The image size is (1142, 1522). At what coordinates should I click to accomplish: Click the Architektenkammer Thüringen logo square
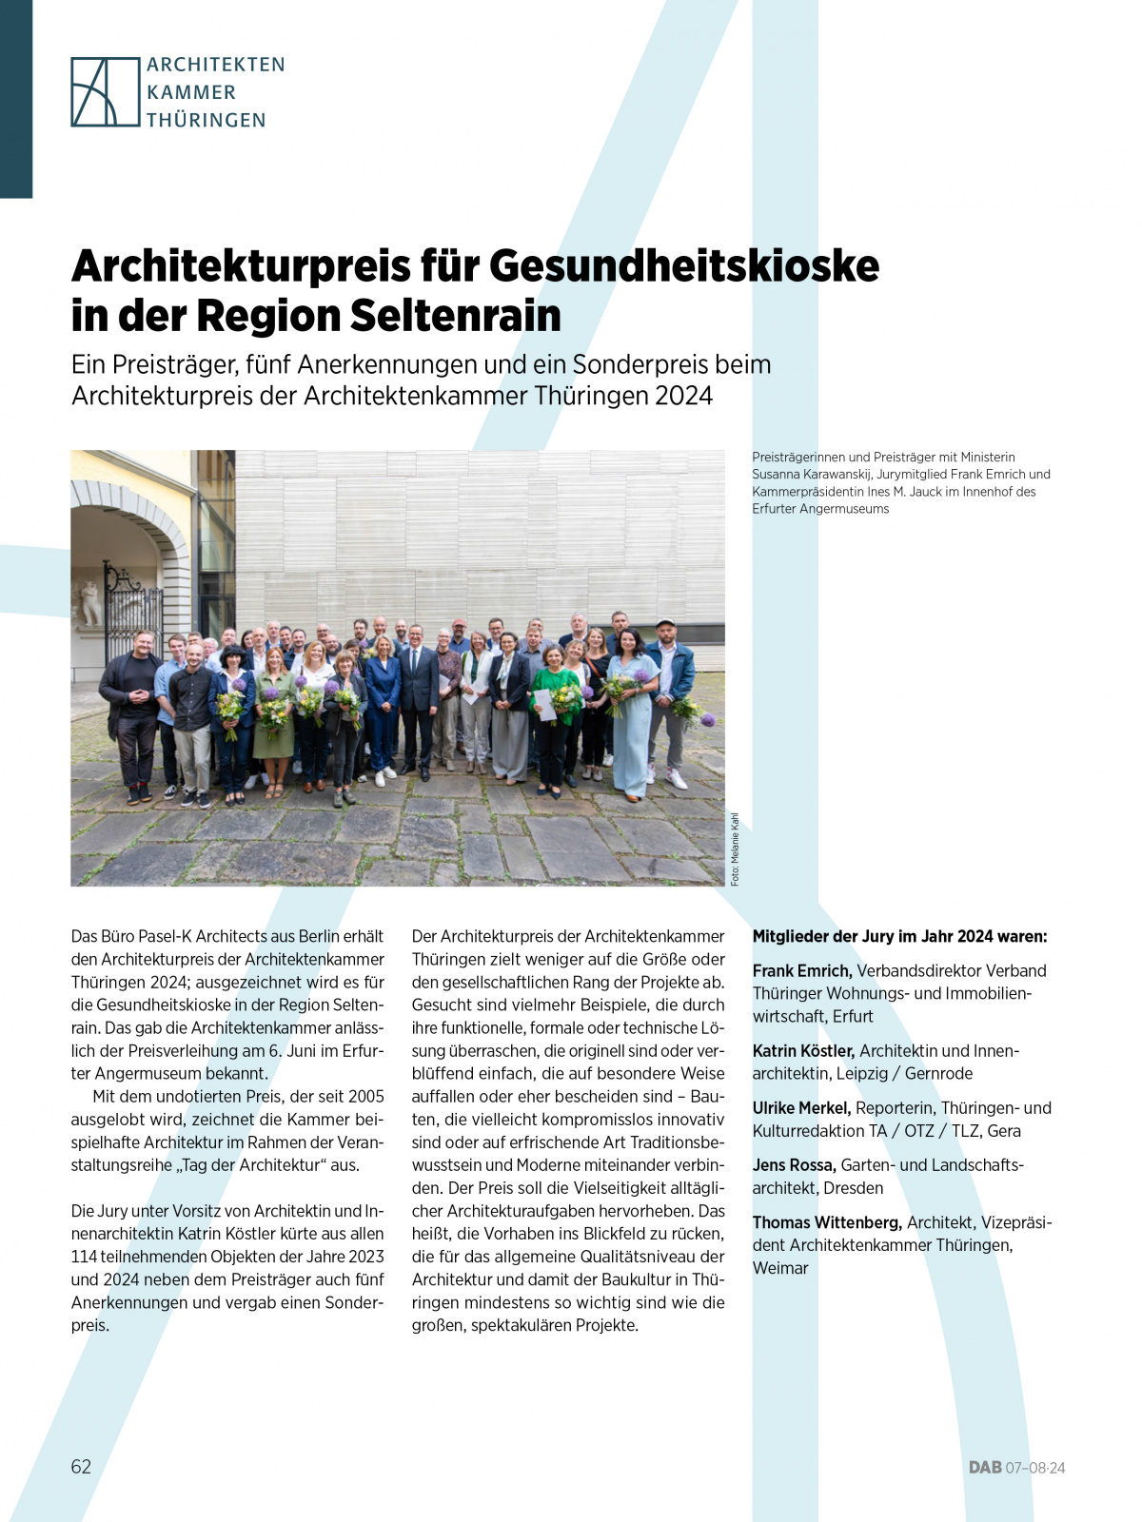tap(106, 92)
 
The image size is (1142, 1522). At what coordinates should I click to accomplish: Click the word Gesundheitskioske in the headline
tap(684, 265)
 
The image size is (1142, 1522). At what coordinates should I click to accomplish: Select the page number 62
tap(81, 1466)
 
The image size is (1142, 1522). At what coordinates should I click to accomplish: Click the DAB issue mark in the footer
tap(1016, 1468)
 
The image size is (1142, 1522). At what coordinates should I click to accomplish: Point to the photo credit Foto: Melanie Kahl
tap(735, 849)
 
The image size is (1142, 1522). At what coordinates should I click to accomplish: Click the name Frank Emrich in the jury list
tap(801, 971)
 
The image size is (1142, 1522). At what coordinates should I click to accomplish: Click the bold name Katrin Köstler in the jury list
tap(803, 1051)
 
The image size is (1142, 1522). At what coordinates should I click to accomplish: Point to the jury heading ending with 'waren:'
tap(899, 937)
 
